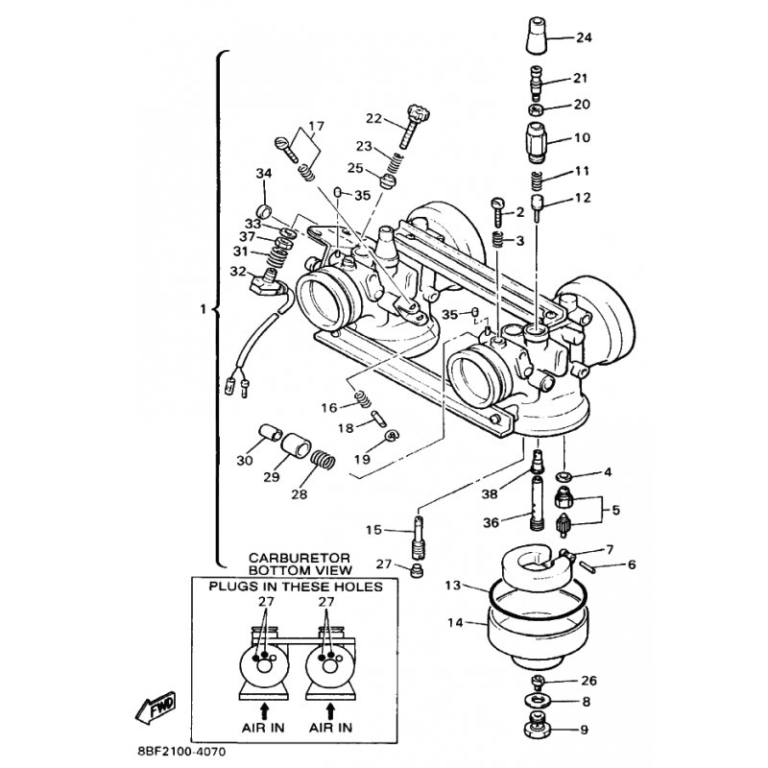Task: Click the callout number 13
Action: pos(454,584)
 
